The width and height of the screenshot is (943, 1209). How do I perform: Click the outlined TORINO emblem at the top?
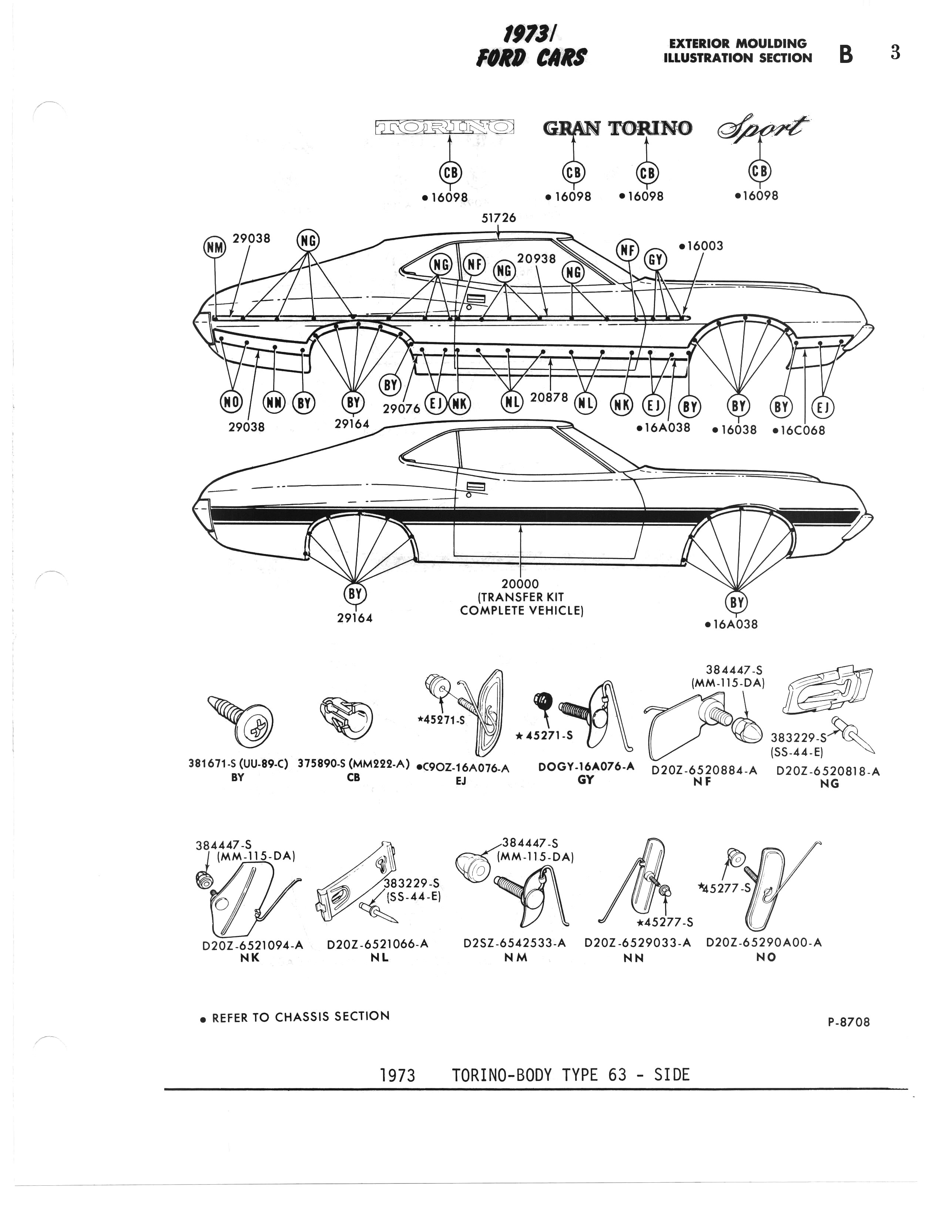444,127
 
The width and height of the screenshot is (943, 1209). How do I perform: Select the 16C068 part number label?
799,430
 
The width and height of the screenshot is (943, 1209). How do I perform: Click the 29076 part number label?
402,409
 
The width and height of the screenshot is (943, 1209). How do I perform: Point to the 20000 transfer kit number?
520,584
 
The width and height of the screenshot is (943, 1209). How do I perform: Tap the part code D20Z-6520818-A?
828,770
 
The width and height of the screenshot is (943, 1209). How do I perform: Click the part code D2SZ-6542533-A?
514,943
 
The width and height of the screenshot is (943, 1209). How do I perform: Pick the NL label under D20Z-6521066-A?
379,957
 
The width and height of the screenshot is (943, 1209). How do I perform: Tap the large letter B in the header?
846,54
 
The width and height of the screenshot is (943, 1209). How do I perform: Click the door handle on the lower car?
476,487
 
